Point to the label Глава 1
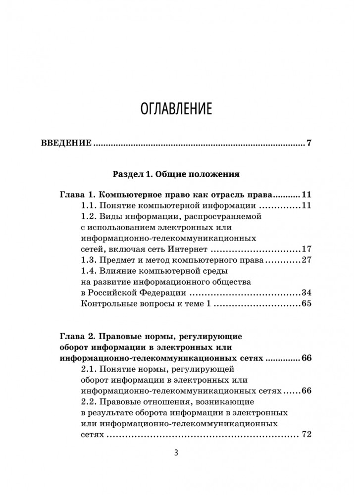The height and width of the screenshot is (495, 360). [74, 194]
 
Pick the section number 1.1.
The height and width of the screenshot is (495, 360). [88, 205]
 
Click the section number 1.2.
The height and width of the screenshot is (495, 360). [88, 216]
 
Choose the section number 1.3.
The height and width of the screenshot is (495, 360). [88, 260]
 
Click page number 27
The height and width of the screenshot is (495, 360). [306, 260]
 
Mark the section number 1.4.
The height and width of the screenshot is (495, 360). [88, 271]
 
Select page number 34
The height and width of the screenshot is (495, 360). [306, 293]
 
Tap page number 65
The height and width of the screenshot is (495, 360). [306, 303]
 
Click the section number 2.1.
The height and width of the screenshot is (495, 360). [88, 369]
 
